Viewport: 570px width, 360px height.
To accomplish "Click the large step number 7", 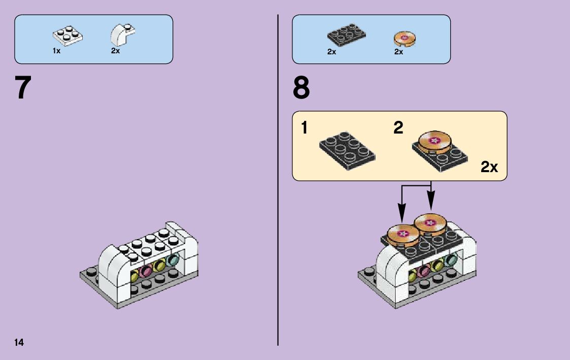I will (23, 88).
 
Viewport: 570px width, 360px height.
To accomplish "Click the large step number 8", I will (301, 88).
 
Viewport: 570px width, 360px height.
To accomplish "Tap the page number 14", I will (19, 342).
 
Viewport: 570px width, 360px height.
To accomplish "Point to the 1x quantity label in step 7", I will (56, 51).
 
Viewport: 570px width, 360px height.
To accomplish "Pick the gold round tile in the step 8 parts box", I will (405, 39).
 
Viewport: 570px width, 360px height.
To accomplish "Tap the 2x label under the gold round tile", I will (398, 52).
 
